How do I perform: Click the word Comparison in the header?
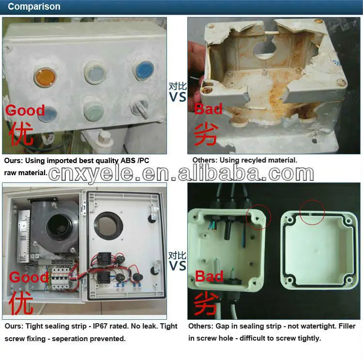34,7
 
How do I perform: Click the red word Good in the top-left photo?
25,110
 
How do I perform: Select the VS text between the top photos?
178,97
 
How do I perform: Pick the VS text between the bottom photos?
178,265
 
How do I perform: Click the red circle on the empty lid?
312,211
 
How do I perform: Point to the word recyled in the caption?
254,160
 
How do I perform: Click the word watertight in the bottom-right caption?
311,327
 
